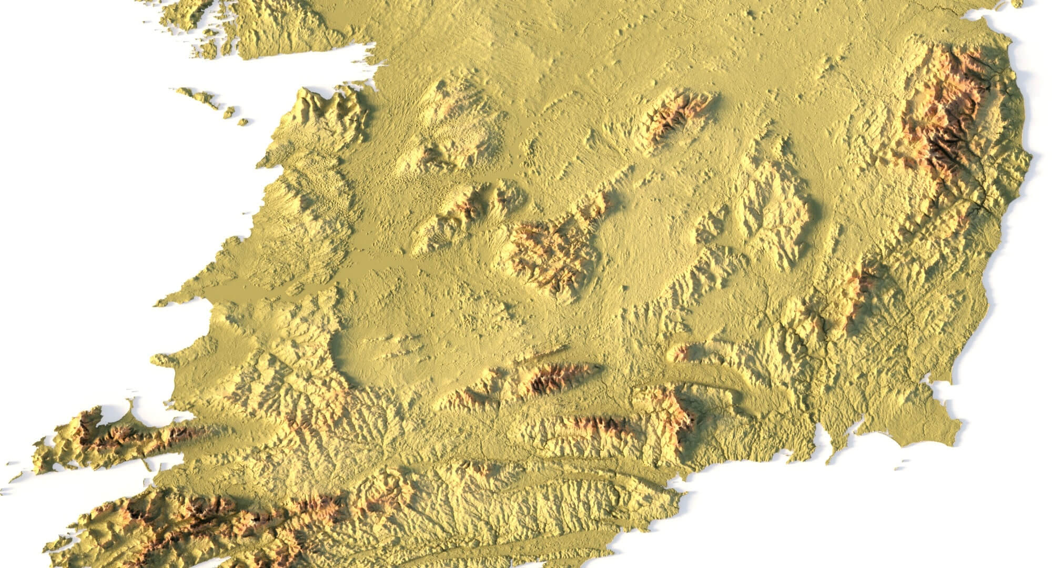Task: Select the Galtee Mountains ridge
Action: (x=558, y=376)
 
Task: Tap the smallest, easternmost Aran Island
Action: (x=242, y=121)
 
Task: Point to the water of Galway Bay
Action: (x=295, y=68)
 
